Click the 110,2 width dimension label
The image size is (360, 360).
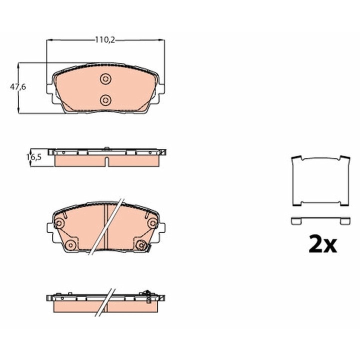(105, 40)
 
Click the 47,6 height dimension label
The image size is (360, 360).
(18, 87)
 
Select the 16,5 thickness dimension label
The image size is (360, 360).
(34, 157)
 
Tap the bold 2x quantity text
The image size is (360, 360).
(322, 243)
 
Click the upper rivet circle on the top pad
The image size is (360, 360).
(105, 79)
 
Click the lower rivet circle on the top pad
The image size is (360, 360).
(105, 100)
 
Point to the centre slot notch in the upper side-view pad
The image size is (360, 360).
(107, 161)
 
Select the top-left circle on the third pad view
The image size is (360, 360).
(59, 223)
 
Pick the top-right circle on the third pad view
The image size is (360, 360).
(152, 223)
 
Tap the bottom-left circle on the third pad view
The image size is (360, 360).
(70, 245)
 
